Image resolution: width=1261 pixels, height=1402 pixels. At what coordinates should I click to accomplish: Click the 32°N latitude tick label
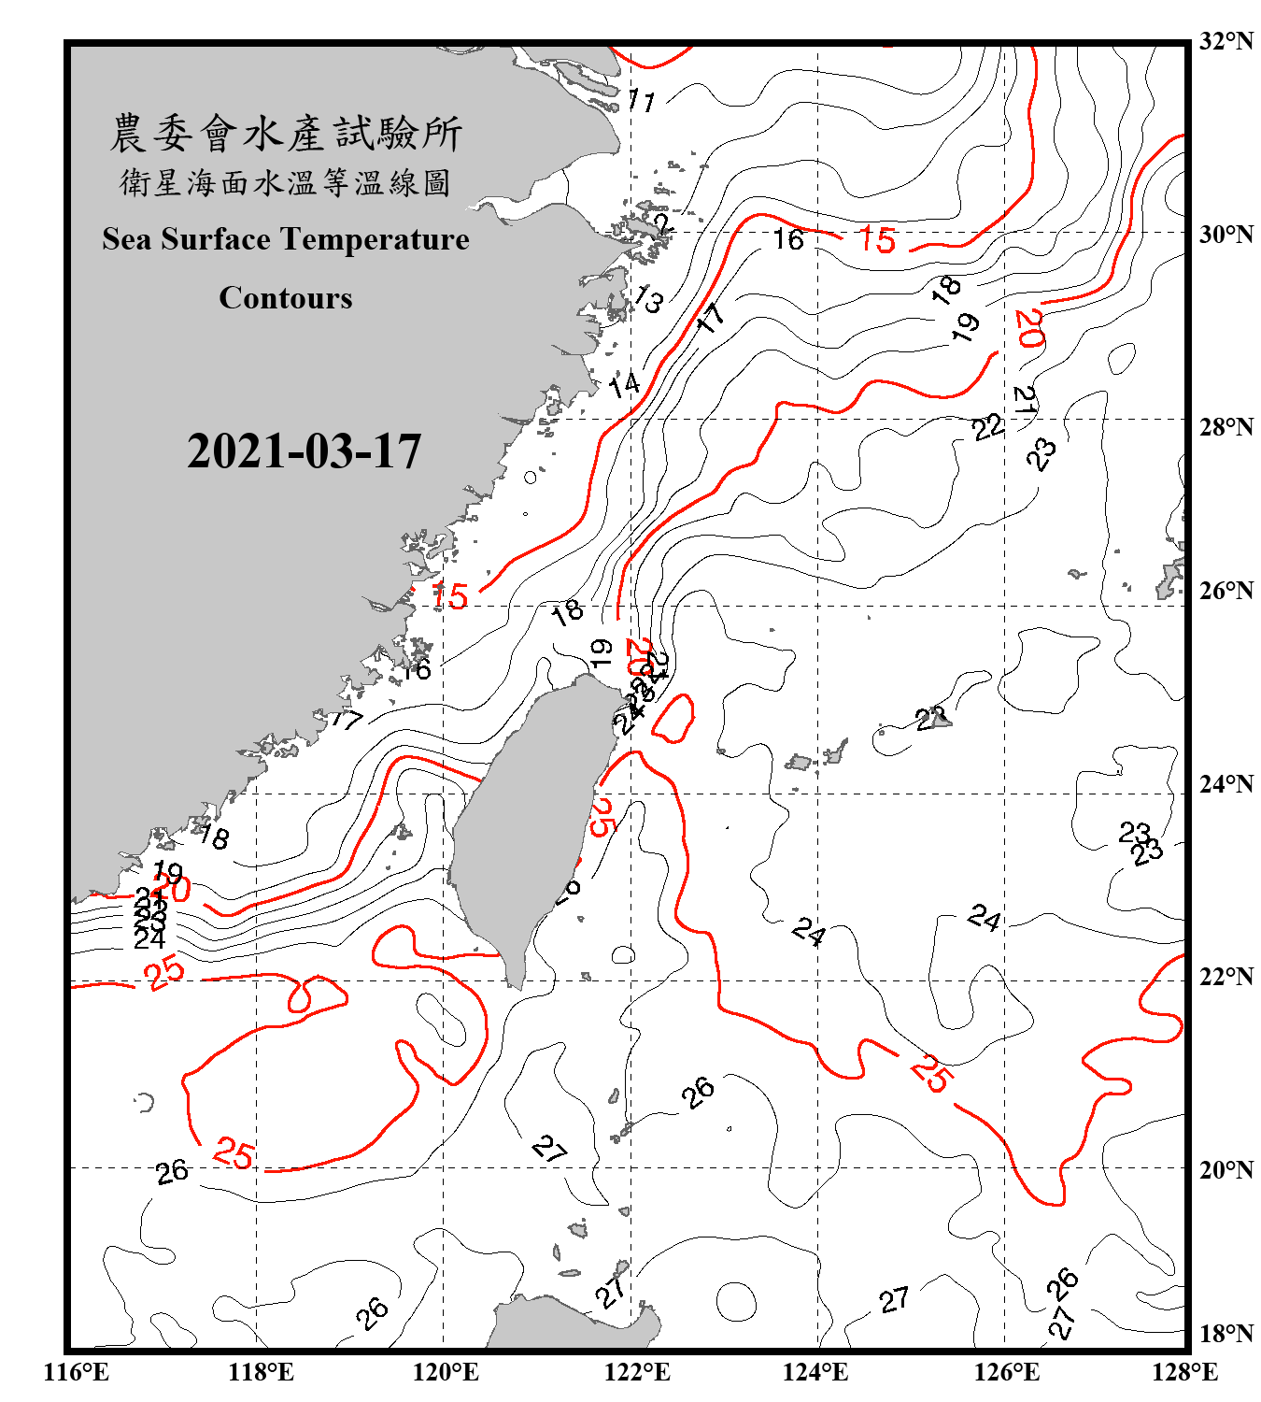tap(1226, 41)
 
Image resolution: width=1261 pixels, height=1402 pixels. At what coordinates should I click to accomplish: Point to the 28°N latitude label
tap(1226, 427)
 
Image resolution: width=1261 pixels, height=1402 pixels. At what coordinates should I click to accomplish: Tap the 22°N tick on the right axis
tap(1226, 977)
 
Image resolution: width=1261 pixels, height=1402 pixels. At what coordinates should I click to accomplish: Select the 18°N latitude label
tap(1226, 1334)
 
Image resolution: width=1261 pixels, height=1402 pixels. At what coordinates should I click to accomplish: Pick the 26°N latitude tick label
tap(1226, 591)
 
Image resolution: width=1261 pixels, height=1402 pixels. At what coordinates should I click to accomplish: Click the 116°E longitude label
tap(76, 1372)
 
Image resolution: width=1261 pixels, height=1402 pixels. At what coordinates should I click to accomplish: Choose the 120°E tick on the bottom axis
tap(446, 1372)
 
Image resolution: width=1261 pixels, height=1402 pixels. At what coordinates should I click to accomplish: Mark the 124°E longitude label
tap(815, 1372)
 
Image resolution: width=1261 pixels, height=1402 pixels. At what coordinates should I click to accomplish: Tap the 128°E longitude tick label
tap(1184, 1372)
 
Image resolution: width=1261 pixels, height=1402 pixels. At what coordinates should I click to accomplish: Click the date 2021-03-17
tap(304, 451)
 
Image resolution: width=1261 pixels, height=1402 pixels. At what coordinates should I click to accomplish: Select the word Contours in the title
tap(285, 298)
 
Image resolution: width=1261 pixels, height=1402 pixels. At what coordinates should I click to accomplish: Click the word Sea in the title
tap(127, 239)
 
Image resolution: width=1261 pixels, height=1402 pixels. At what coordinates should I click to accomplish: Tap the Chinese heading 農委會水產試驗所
tap(285, 134)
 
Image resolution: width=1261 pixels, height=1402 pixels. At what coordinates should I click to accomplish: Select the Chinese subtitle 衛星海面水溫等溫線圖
tap(285, 183)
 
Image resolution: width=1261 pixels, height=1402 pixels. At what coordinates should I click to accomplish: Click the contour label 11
tap(642, 99)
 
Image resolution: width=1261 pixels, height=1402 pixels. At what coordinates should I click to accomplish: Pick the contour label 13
tap(648, 299)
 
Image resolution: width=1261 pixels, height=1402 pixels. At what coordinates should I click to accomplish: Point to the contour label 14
tap(624, 384)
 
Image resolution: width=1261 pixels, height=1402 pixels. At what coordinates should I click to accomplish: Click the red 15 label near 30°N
tap(877, 240)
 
